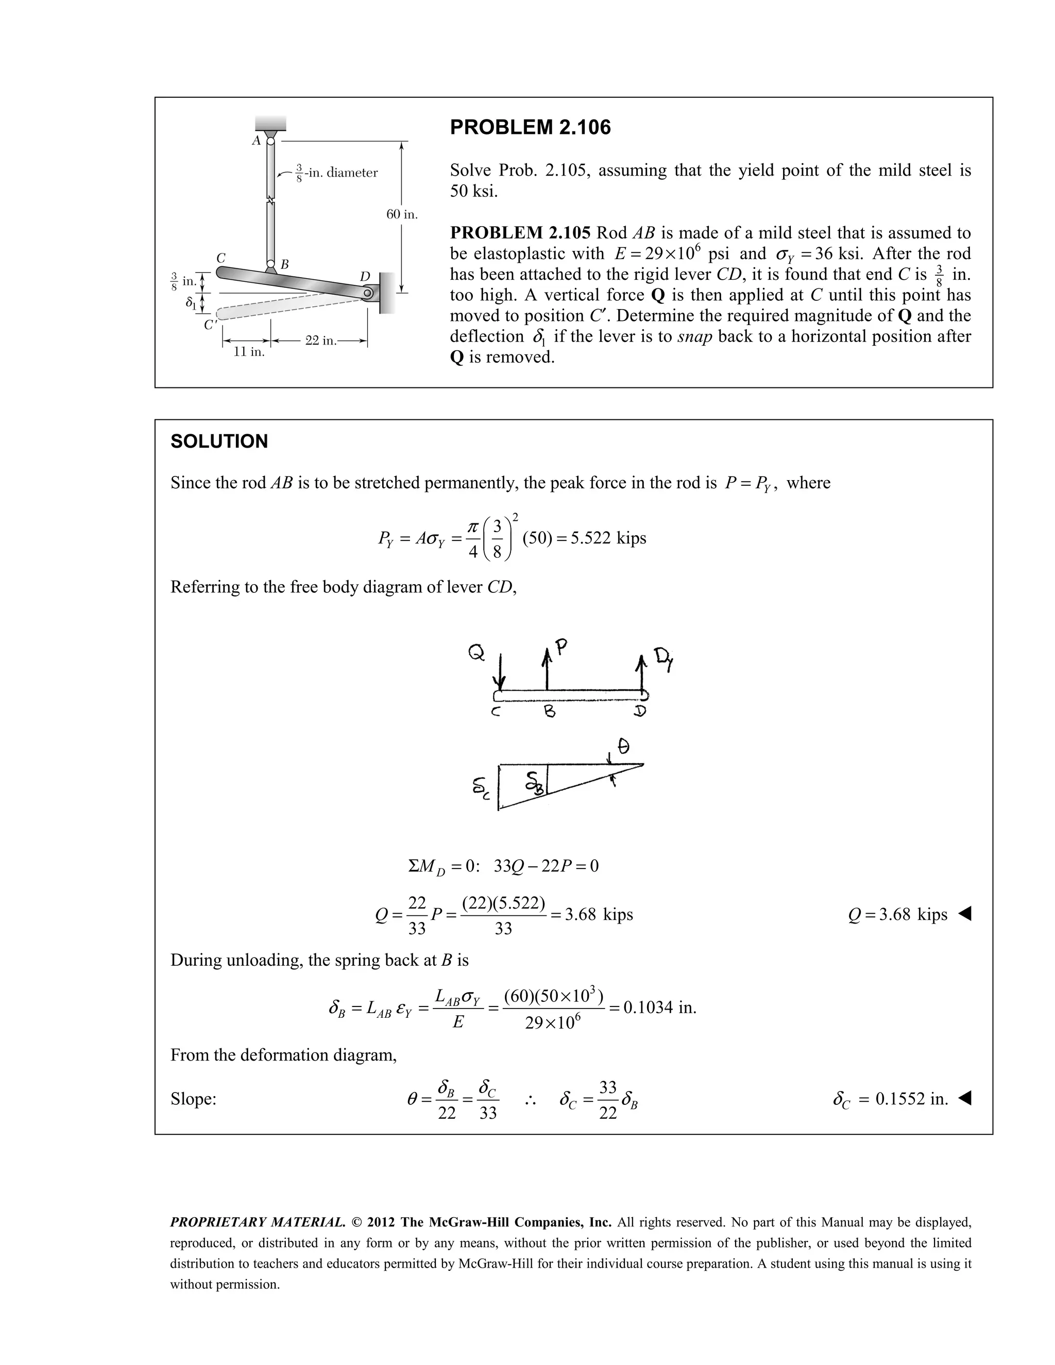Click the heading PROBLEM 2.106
pyautogui.click(x=530, y=128)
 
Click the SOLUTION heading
pyautogui.click(x=219, y=441)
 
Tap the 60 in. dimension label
pyautogui.click(x=402, y=214)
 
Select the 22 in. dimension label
pyautogui.click(x=320, y=340)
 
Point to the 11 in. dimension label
pyautogui.click(x=249, y=352)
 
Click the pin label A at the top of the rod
pyautogui.click(x=256, y=141)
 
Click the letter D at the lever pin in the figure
pyautogui.click(x=365, y=276)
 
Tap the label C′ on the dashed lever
pyautogui.click(x=210, y=325)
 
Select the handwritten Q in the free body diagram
pyautogui.click(x=477, y=654)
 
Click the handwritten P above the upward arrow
pyautogui.click(x=561, y=647)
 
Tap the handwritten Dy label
pyautogui.click(x=662, y=659)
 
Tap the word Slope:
pyautogui.click(x=193, y=1099)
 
